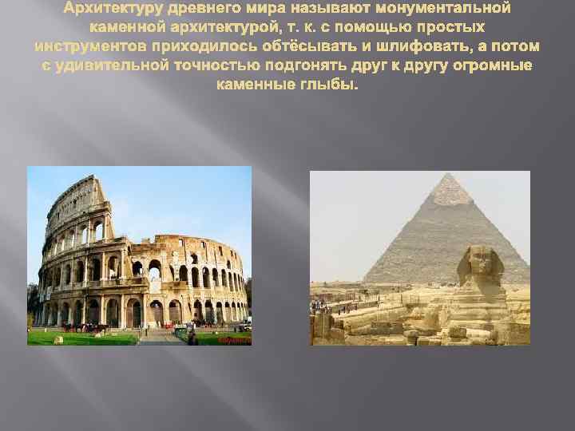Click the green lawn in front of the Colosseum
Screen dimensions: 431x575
coord(96,336)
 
